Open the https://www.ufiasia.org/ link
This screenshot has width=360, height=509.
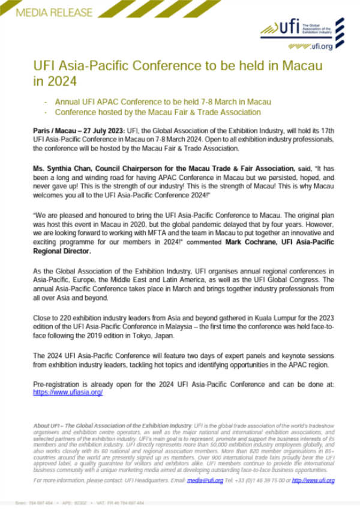pos(68,393)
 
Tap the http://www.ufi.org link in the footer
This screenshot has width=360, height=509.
pos(313,480)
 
